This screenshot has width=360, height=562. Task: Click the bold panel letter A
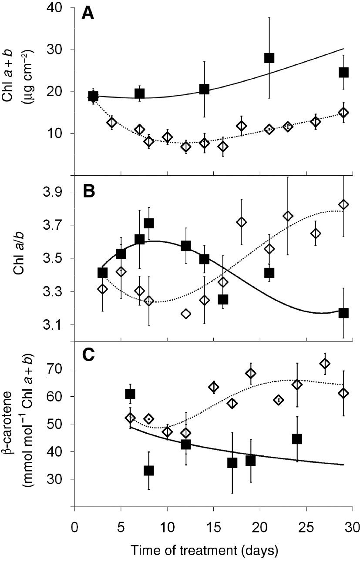89,14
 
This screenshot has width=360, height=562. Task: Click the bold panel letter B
89,192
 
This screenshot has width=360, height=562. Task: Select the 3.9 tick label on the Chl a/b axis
56,192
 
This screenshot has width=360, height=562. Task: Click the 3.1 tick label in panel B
56,324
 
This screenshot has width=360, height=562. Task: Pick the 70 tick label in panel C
58,369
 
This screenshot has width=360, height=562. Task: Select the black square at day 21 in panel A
269,58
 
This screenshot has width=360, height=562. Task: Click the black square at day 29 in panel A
343,72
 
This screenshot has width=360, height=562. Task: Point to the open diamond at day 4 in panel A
111,123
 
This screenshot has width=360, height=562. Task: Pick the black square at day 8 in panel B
149,223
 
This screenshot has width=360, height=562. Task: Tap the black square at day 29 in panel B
343,313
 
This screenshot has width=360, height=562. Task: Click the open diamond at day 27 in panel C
325,364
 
